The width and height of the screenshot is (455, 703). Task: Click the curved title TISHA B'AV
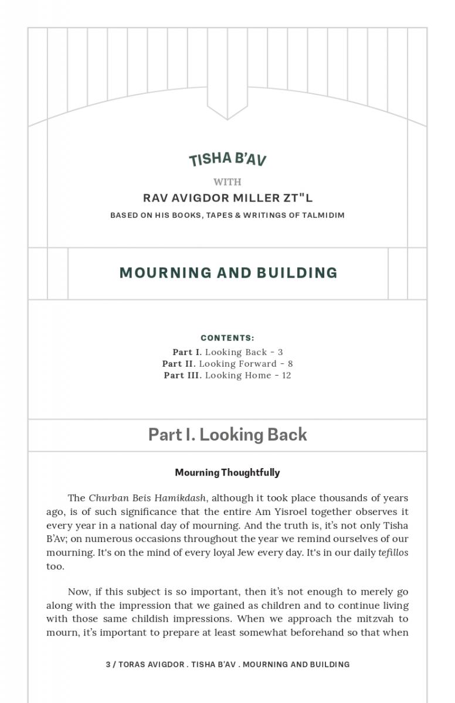(227, 159)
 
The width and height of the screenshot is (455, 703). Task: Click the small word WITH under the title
(227, 182)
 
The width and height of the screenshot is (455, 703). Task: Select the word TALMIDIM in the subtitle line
(323, 215)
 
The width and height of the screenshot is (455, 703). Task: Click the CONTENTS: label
(227, 338)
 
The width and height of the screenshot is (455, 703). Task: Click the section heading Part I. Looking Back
(227, 435)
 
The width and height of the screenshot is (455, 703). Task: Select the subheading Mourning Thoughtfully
(227, 472)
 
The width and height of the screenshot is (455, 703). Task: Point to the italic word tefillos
(393, 552)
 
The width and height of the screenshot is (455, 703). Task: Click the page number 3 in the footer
(108, 664)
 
